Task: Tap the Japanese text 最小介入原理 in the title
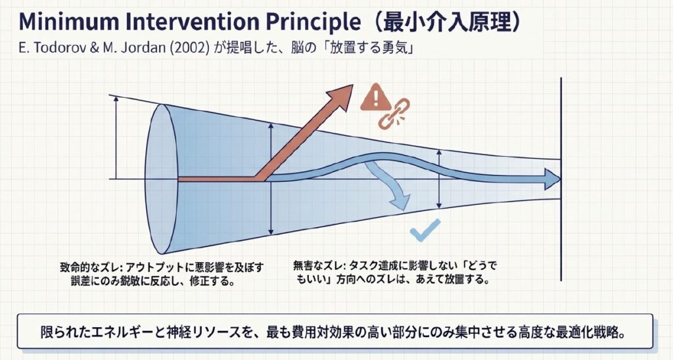(447, 22)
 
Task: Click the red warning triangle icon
(375, 97)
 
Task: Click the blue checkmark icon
(425, 231)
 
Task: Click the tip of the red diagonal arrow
(353, 85)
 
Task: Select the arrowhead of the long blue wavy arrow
(553, 179)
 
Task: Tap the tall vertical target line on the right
(561, 179)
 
